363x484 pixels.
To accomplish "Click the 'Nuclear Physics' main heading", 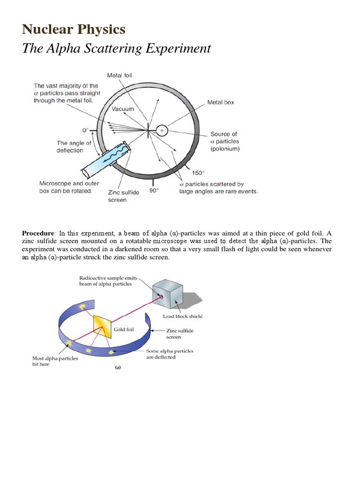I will tap(74, 30).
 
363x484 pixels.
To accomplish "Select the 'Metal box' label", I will tap(221, 102).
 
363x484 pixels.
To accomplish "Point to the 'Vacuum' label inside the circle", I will tap(123, 109).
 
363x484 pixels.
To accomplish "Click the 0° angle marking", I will tap(86, 130).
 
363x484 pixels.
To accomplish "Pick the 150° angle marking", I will tap(198, 173).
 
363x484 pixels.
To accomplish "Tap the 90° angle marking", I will tap(154, 190).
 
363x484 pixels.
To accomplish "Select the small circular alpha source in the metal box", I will tap(162, 130).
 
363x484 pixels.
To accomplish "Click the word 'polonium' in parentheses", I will tap(225, 149).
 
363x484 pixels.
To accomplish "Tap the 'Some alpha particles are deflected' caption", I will tap(170, 354).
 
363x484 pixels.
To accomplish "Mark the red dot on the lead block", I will tap(161, 296).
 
